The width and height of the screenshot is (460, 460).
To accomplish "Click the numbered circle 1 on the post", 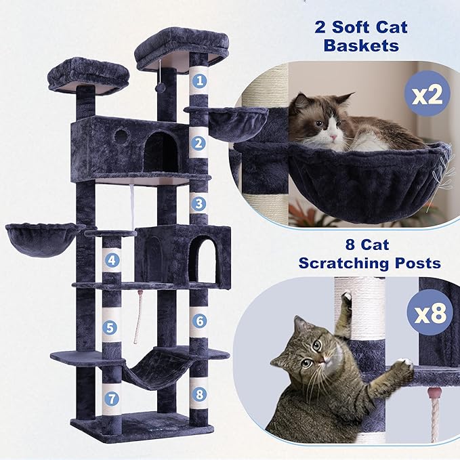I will (x=198, y=81).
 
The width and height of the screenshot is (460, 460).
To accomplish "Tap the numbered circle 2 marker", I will (x=198, y=143).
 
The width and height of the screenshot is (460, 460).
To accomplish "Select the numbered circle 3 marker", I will (x=198, y=203).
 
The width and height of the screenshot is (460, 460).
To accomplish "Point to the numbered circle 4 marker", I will (x=112, y=259).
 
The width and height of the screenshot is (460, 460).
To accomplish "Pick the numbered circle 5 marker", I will (x=112, y=327).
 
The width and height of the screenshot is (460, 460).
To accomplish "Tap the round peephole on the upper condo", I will (x=121, y=135).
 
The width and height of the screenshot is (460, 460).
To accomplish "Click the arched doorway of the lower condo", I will (x=201, y=260).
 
